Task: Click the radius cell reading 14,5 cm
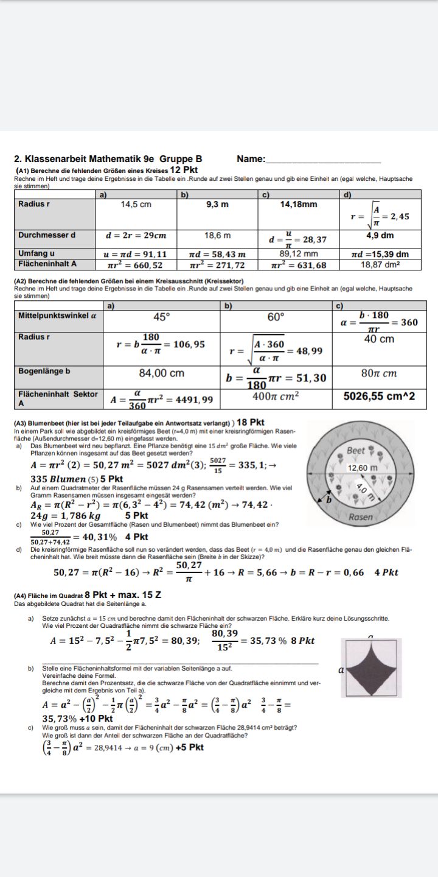[136, 205]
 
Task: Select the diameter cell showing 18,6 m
[217, 235]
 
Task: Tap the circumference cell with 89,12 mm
[298, 254]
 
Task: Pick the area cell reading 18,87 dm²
[380, 265]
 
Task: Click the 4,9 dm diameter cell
[380, 235]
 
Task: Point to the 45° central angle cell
[161, 317]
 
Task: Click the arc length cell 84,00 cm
[161, 373]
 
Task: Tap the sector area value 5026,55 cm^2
[379, 396]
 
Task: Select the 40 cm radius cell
[378, 339]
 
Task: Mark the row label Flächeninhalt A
[47, 264]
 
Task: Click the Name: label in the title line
[251, 159]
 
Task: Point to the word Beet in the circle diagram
[356, 451]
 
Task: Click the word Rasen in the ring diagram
[361, 517]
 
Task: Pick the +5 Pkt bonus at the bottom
[189, 747]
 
